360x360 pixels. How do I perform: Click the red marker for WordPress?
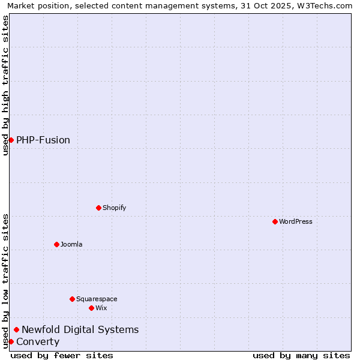275,221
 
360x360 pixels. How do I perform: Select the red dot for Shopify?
98,208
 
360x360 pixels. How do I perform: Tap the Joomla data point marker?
56,244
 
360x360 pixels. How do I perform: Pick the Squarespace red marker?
72,299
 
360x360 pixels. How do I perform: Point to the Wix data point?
91,308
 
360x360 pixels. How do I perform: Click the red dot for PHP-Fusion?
11,140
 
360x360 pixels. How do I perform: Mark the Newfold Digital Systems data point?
16,329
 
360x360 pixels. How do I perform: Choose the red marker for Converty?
11,341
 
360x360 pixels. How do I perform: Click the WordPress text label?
296,222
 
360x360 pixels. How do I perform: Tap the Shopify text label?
114,208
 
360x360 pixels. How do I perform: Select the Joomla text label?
71,245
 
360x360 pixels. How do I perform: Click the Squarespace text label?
97,299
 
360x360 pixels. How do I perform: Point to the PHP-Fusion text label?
43,140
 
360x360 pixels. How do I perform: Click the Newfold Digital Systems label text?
80,330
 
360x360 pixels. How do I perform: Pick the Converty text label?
38,342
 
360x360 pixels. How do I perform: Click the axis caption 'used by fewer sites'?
62,355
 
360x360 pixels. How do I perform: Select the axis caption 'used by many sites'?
301,355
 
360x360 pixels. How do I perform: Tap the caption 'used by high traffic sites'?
5,85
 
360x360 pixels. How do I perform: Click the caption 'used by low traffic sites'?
5,281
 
